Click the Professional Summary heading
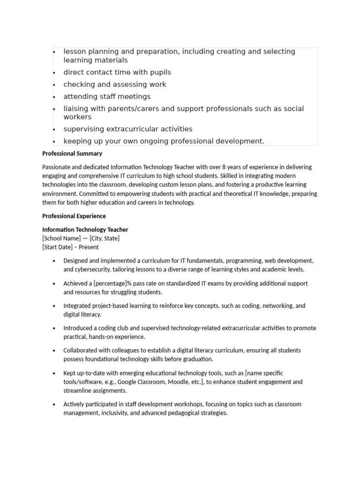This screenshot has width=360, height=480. (x=72, y=153)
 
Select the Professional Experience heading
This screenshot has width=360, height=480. (x=74, y=216)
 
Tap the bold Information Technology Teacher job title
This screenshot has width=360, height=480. (x=85, y=230)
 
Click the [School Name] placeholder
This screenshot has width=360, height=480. (x=61, y=238)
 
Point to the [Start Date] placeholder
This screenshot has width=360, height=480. (x=58, y=247)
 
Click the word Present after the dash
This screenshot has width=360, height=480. (x=89, y=247)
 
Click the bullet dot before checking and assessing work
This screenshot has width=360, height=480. (x=54, y=85)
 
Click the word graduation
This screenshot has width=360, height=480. (x=198, y=359)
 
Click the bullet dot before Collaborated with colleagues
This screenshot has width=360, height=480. (x=54, y=351)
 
